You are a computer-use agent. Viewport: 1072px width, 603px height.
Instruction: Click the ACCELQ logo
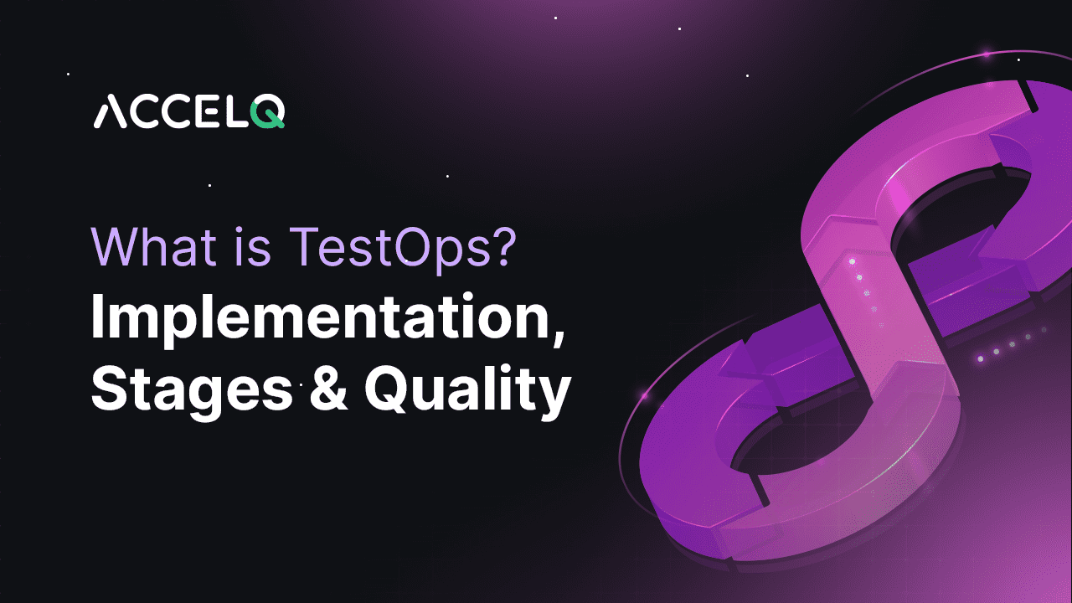point(188,112)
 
